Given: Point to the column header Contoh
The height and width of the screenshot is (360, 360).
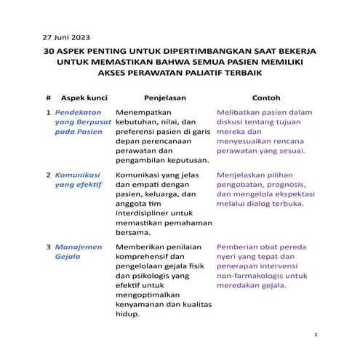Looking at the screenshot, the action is (265, 97).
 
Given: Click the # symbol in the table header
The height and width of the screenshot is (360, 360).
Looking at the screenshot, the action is (47, 97).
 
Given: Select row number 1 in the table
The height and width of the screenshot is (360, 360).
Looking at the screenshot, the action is (47, 113).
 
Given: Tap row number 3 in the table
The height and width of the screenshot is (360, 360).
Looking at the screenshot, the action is (47, 247).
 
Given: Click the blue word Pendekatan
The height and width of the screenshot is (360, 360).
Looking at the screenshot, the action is (79, 113).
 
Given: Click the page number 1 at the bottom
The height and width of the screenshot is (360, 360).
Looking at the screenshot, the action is (316, 335).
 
